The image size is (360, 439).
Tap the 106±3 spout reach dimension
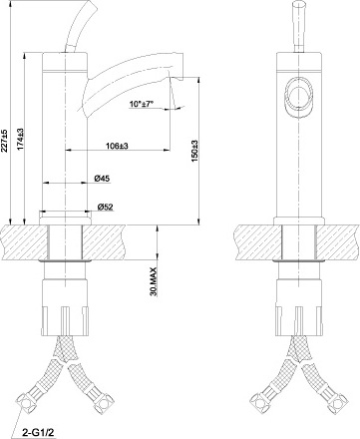pyautogui.click(x=115, y=147)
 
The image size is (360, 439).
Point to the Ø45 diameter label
pyautogui.click(x=102, y=179)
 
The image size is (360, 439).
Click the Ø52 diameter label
pyautogui.click(x=104, y=209)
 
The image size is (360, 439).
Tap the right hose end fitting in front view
pyautogui.click(x=330, y=403)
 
